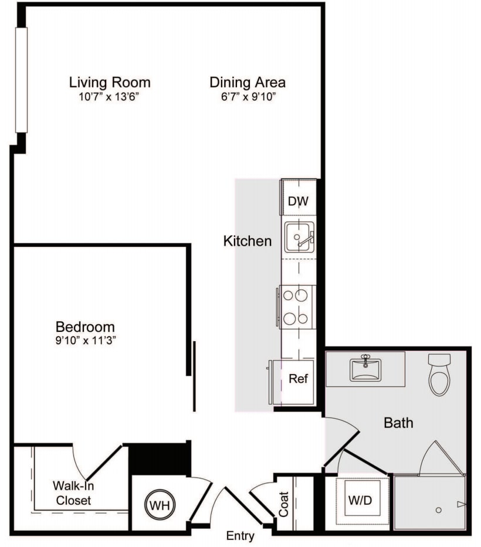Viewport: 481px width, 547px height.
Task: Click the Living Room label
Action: pos(110,82)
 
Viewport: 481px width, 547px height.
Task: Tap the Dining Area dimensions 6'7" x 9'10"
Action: pos(248,97)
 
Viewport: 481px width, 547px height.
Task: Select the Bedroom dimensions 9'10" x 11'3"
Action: pos(85,341)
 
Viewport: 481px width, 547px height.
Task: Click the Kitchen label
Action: pos(248,241)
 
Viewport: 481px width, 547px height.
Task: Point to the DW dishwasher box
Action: pos(298,201)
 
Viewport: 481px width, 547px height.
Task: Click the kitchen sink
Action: pos(299,237)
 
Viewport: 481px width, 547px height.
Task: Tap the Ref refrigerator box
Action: pos(298,379)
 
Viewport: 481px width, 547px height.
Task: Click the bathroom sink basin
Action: pos(365,369)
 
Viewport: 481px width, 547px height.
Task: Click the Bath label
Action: pos(398,422)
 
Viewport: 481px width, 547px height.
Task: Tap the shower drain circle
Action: pos(438,510)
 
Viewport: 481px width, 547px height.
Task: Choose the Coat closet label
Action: pos(284,504)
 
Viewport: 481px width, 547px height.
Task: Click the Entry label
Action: pos(240,536)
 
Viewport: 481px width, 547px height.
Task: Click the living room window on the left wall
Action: pos(21,80)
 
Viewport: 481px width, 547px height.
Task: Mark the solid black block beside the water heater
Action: pos(159,458)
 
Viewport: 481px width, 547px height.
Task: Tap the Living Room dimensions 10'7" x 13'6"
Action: pos(110,97)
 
